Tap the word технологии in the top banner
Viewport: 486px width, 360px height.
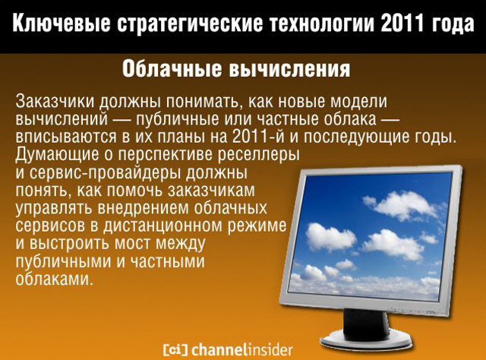tap(322, 24)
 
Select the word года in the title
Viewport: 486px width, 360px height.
tap(453, 25)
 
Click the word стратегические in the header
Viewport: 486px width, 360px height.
tap(191, 25)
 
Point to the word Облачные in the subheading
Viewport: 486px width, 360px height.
tap(172, 69)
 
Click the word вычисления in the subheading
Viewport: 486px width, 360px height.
tap(289, 69)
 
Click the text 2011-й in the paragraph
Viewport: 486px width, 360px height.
tap(257, 137)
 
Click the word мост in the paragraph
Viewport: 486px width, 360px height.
tap(134, 244)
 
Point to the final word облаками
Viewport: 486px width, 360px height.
tap(54, 279)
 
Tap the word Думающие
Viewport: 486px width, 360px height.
tap(58, 155)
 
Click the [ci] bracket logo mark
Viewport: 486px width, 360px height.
tap(175, 350)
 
